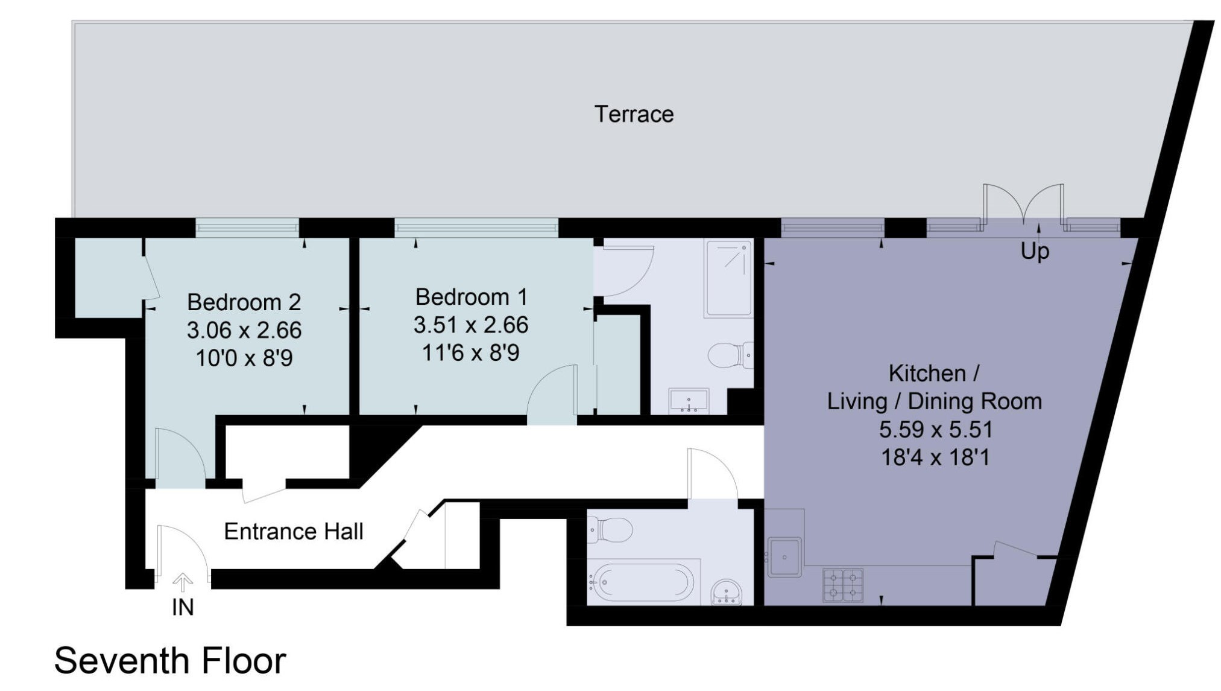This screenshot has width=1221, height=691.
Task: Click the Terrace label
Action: (634, 114)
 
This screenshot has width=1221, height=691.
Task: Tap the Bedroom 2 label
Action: (244, 302)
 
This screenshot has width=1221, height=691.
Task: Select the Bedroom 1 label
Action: (471, 297)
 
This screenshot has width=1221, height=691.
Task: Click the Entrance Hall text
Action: (294, 531)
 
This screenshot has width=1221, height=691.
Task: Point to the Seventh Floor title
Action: (170, 660)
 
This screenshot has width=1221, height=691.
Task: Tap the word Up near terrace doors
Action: (1035, 251)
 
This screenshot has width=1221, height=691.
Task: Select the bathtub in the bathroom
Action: (641, 583)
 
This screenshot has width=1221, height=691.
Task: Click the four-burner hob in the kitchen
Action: (843, 585)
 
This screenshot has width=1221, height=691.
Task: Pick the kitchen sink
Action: (784, 557)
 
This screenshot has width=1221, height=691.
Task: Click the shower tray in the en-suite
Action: (729, 278)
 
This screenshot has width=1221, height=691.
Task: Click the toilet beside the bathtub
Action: (610, 530)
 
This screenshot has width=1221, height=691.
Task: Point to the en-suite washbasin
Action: (689, 401)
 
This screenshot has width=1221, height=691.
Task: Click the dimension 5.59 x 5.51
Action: (935, 430)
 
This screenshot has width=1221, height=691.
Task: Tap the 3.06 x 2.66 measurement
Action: (244, 330)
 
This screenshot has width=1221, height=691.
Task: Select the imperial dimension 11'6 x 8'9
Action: (470, 352)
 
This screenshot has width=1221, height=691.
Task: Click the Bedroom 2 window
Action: (247, 228)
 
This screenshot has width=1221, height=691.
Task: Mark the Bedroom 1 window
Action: (476, 228)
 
